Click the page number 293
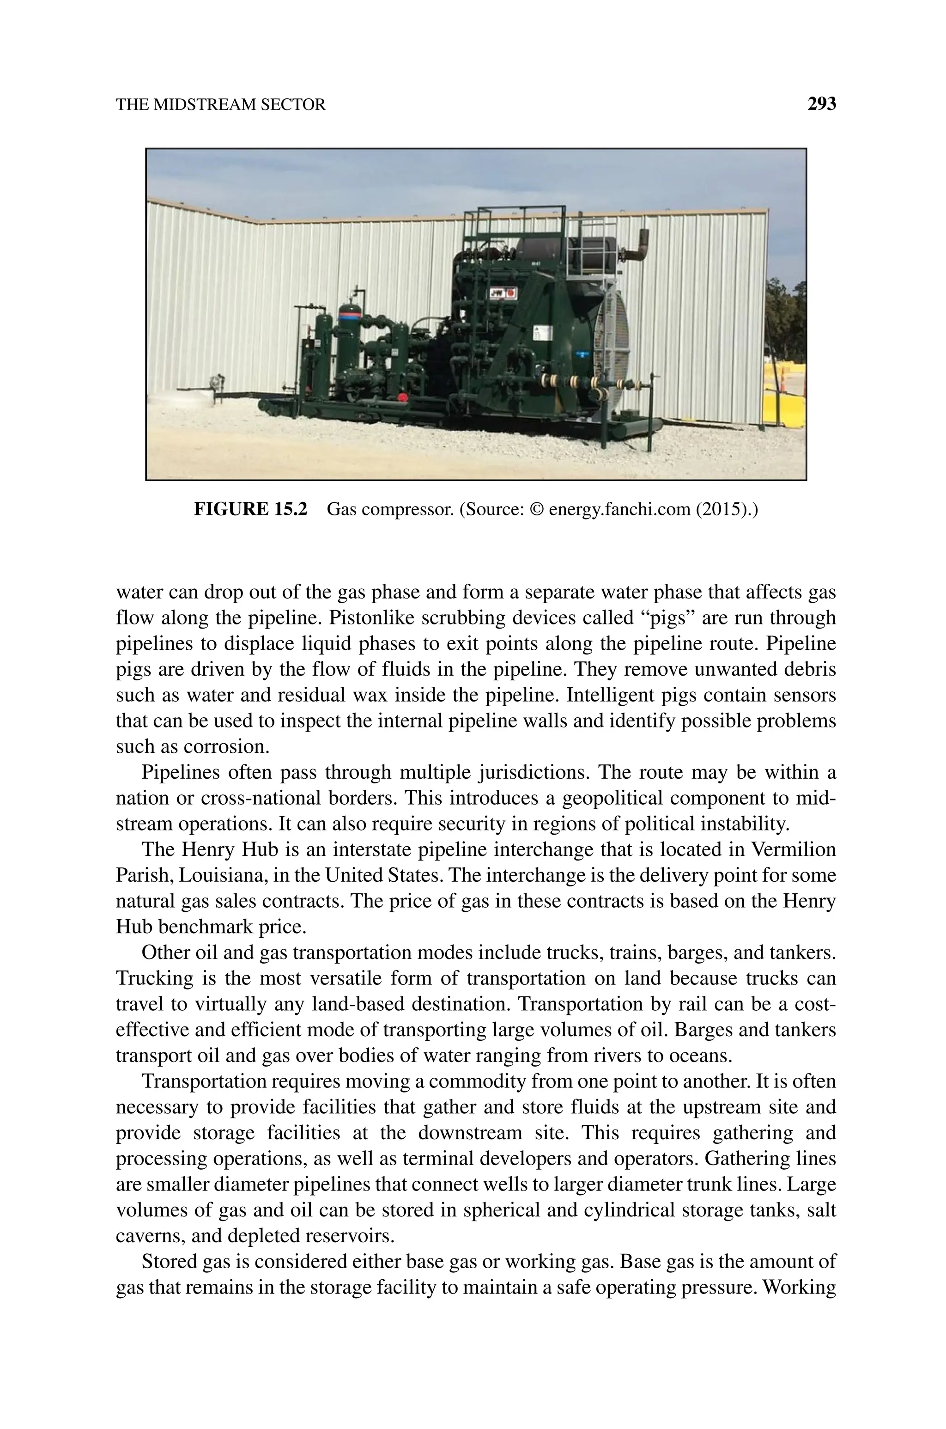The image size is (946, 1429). [x=822, y=104]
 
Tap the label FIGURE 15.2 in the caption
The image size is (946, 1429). [x=250, y=509]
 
